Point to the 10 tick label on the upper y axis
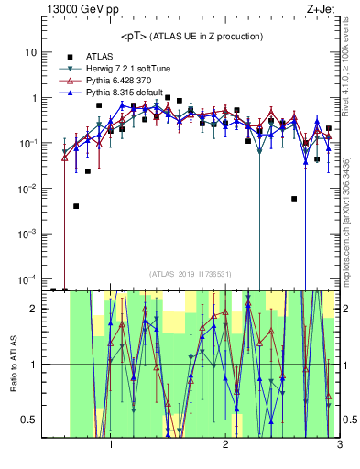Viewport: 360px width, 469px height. (31, 52)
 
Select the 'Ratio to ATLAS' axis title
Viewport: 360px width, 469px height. (13, 364)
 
